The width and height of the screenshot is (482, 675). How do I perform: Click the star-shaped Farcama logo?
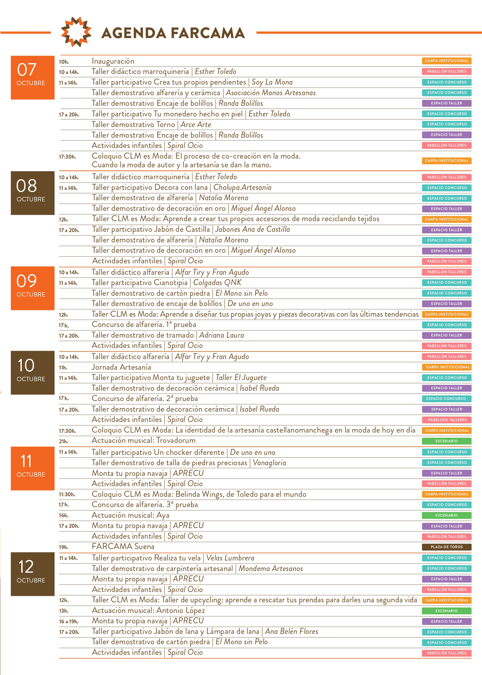click(76, 32)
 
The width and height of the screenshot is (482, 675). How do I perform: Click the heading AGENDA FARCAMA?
click(173, 33)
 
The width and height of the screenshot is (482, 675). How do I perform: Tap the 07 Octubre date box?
click(33, 78)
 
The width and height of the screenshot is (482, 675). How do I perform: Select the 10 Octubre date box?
click(33, 372)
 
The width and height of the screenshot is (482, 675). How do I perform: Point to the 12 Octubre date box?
click(33, 574)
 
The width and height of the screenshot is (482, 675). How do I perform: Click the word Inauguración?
click(113, 61)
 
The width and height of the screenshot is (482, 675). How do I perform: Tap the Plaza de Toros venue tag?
click(447, 547)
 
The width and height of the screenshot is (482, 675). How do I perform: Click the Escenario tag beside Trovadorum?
click(447, 441)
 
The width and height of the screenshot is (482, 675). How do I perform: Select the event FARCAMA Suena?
click(123, 547)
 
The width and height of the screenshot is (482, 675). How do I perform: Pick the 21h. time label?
click(64, 441)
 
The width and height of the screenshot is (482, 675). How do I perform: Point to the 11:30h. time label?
click(67, 495)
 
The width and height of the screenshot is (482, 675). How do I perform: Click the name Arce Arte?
click(196, 124)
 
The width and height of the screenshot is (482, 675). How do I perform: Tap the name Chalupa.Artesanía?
click(242, 188)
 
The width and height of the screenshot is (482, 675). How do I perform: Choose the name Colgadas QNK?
click(217, 283)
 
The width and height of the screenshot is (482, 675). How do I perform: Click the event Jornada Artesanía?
click(121, 367)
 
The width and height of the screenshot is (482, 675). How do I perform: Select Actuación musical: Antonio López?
click(149, 610)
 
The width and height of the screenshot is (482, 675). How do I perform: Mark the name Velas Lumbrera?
click(230, 558)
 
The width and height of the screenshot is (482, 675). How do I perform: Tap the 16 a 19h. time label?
click(69, 621)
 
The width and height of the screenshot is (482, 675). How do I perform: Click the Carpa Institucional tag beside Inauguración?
click(447, 61)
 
